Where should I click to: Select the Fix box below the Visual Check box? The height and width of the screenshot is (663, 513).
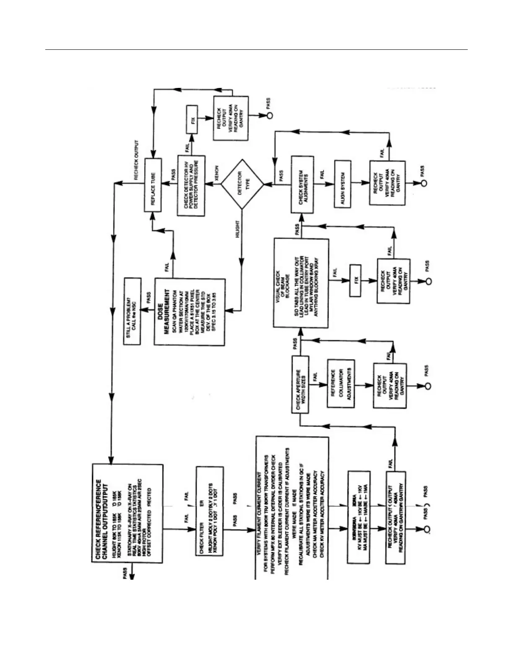(355, 280)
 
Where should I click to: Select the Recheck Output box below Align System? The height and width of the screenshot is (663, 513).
(386, 183)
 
